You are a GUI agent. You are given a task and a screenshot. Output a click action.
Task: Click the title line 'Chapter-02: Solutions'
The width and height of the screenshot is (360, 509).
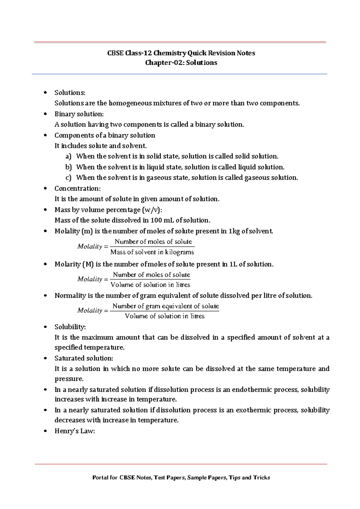181,63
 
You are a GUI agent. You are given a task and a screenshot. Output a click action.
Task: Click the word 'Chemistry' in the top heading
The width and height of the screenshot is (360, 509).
170,53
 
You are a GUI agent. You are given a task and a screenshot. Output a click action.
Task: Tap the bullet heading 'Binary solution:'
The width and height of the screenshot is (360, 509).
79,114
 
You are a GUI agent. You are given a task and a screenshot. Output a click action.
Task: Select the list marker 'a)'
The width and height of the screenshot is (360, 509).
68,156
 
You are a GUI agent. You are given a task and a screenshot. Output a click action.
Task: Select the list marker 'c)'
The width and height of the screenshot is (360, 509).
68,178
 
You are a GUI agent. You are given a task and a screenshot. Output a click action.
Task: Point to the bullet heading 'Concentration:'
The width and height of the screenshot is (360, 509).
77,189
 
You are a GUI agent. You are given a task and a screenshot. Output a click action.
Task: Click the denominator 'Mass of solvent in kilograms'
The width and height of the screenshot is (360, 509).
152,252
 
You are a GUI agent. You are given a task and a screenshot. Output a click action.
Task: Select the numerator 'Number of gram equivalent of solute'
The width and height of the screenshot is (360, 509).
166,306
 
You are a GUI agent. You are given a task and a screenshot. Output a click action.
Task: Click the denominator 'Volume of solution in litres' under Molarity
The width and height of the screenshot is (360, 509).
150,284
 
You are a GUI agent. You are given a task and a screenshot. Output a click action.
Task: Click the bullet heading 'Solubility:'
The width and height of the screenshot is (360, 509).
70,327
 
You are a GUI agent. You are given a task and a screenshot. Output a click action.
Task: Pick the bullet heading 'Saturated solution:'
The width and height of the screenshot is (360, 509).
84,358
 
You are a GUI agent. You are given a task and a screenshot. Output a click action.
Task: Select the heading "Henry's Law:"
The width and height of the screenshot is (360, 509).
74,431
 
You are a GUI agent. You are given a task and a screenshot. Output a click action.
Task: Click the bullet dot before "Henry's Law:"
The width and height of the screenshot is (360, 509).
45,431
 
